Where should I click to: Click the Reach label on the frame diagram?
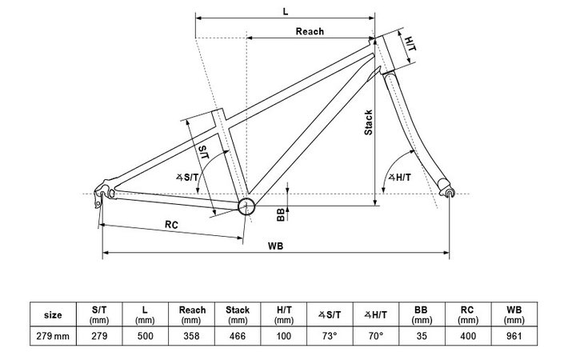pyautogui.click(x=310, y=32)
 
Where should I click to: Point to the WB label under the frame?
pyautogui.click(x=277, y=246)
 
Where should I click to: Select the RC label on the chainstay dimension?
pyautogui.click(x=171, y=225)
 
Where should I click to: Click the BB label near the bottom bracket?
pyautogui.click(x=280, y=214)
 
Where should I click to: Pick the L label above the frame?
pyautogui.click(x=286, y=11)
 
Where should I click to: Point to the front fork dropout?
pyautogui.click(x=449, y=193)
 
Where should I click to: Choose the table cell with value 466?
pyautogui.click(x=238, y=336)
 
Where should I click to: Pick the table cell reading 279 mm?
pyautogui.click(x=52, y=336)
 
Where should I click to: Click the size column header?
pyautogui.click(x=52, y=314)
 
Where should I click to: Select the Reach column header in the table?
pyautogui.click(x=193, y=314)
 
